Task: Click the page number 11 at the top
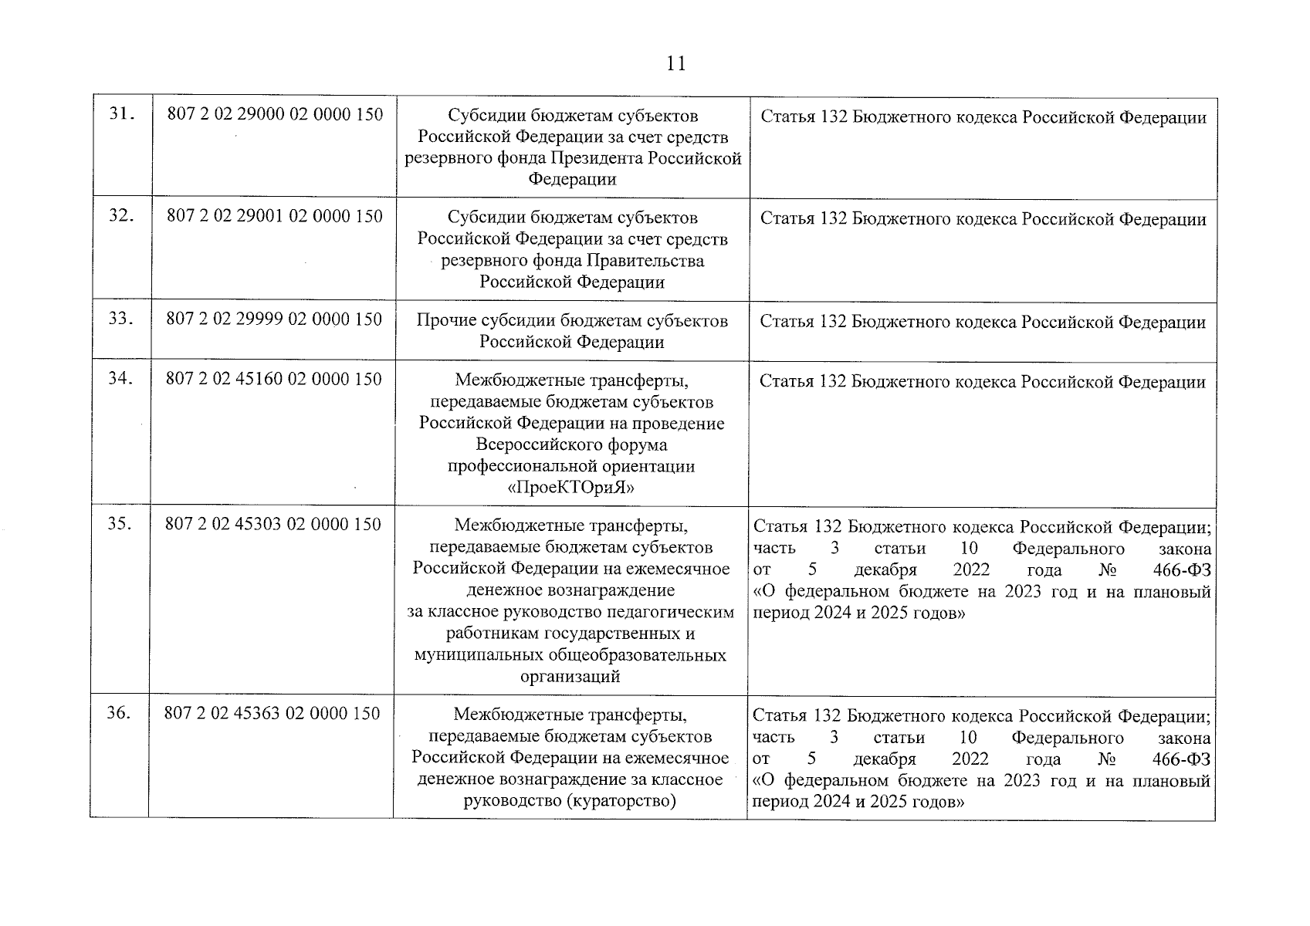(x=675, y=63)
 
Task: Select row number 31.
(x=122, y=114)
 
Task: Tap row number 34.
(x=120, y=379)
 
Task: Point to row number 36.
(x=119, y=713)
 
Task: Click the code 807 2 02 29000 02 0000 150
(x=275, y=114)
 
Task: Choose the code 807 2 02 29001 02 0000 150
(x=275, y=216)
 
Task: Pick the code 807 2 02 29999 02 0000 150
(x=274, y=319)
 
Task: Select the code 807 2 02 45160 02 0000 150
(x=274, y=379)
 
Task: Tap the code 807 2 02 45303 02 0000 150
(x=273, y=525)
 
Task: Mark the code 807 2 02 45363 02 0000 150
(x=272, y=713)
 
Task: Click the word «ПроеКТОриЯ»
(x=571, y=488)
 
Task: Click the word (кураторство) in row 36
(x=622, y=801)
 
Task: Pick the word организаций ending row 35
(x=570, y=677)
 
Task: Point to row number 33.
(x=121, y=319)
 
